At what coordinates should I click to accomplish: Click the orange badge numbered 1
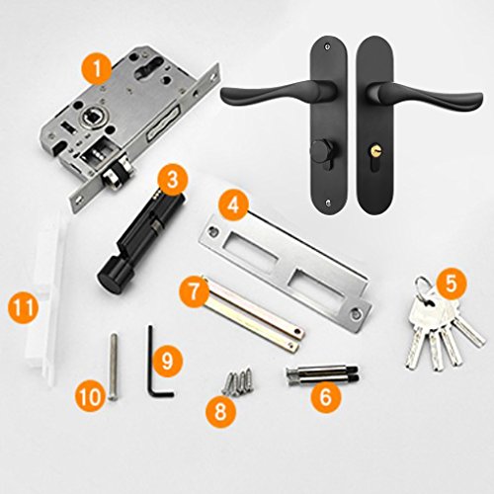pyautogui.click(x=98, y=69)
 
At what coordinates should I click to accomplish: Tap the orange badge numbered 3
pyautogui.click(x=173, y=181)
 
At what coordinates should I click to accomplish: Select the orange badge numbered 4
pyautogui.click(x=233, y=206)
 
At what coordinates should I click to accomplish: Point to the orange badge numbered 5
pyautogui.click(x=452, y=284)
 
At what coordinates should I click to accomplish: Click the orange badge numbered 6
pyautogui.click(x=325, y=396)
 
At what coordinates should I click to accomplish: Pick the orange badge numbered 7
pyautogui.click(x=195, y=291)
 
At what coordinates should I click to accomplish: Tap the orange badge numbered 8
pyautogui.click(x=221, y=412)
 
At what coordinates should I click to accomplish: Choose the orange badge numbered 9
pyautogui.click(x=167, y=362)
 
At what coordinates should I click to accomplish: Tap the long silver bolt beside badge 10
pyautogui.click(x=113, y=367)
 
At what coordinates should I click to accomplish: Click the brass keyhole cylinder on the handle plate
pyautogui.click(x=375, y=151)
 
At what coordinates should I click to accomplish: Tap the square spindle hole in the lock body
pyautogui.click(x=90, y=117)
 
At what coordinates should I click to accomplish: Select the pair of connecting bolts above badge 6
pyautogui.click(x=322, y=374)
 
